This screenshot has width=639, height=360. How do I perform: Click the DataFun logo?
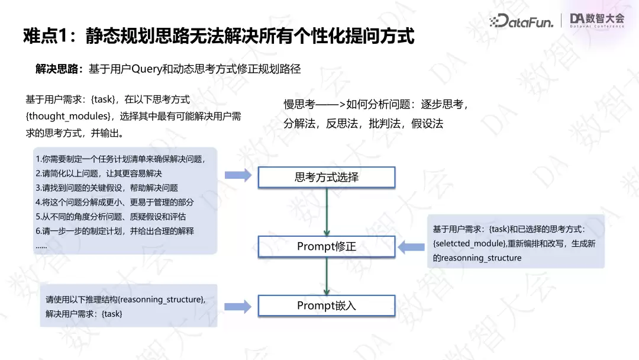pyautogui.click(x=521, y=20)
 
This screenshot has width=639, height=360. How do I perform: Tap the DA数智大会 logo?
pyautogui.click(x=597, y=20)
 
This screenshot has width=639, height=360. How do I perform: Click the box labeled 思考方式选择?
pyautogui.click(x=327, y=178)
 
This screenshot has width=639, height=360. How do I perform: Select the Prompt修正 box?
pyautogui.click(x=327, y=246)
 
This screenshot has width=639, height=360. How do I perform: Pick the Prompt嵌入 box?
pyautogui.click(x=327, y=306)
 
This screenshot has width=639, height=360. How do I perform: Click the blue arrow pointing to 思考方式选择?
pyautogui.click(x=238, y=175)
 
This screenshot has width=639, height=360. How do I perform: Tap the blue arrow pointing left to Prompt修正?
pyautogui.click(x=411, y=247)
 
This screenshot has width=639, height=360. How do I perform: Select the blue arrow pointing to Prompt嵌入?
pyautogui.click(x=238, y=307)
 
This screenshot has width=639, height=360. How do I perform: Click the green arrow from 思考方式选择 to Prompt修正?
pyautogui.click(x=327, y=212)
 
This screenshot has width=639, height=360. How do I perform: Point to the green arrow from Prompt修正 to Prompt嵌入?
pyautogui.click(x=327, y=276)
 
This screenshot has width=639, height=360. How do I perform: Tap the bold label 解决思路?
pyautogui.click(x=57, y=69)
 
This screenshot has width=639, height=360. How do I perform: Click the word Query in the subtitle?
pyautogui.click(x=147, y=69)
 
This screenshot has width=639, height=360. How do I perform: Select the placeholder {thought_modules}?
pyautogui.click(x=69, y=116)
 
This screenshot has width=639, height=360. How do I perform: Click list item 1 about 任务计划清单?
pyautogui.click(x=120, y=159)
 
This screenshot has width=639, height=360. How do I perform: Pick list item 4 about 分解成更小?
pyautogui.click(x=115, y=202)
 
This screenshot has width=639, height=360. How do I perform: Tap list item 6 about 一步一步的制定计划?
pyautogui.click(x=115, y=231)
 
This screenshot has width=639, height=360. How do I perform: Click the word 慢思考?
pyautogui.click(x=299, y=104)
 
